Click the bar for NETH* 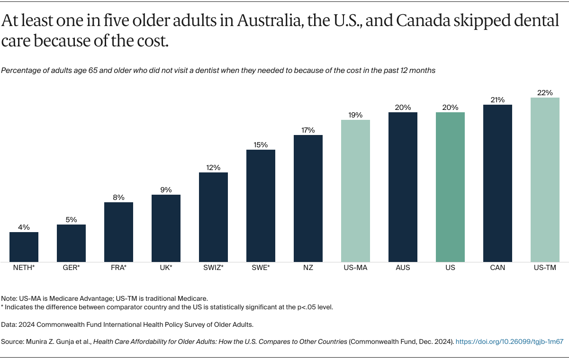24,247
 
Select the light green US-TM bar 545,180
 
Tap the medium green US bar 450,187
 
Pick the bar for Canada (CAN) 497,183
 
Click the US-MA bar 355,191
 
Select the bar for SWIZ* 213,217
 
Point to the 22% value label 545,93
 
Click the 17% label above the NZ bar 308,130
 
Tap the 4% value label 24,227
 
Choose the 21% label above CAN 497,100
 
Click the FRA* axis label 118,268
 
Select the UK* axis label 166,268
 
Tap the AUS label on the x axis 403,268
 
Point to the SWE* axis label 261,268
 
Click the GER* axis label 71,268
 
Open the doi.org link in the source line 509,341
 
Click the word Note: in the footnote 9,298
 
